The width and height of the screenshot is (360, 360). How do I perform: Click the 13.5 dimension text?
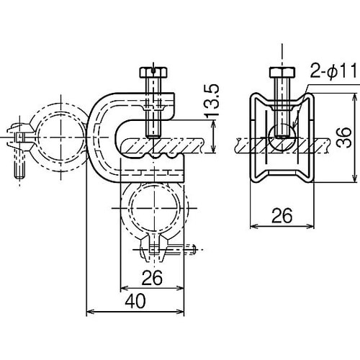point(212,100)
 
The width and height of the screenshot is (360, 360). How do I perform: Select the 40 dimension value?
point(135,301)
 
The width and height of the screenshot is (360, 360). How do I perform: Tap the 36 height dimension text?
point(343,138)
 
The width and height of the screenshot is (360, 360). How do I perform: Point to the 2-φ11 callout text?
point(334,71)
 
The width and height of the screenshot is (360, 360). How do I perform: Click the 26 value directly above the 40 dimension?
point(152,278)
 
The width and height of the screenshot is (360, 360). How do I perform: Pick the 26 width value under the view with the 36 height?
point(282,215)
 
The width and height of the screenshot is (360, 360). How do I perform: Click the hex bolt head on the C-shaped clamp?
point(153,73)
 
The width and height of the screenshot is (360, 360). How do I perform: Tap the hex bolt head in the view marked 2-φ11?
point(282,72)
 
